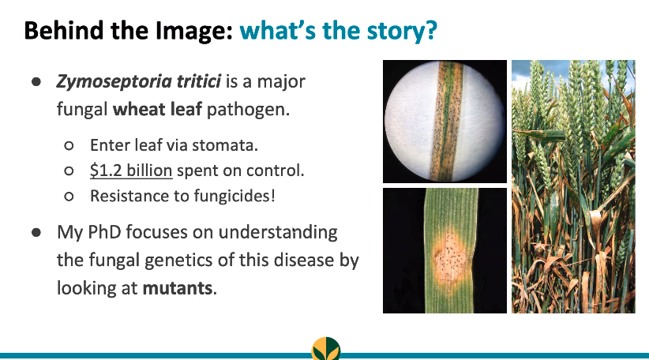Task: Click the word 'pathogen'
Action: click(247, 108)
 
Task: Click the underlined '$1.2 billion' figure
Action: click(131, 170)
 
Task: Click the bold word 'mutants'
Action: click(177, 287)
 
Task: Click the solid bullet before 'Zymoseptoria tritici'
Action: click(36, 82)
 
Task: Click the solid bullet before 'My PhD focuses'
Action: click(36, 234)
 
